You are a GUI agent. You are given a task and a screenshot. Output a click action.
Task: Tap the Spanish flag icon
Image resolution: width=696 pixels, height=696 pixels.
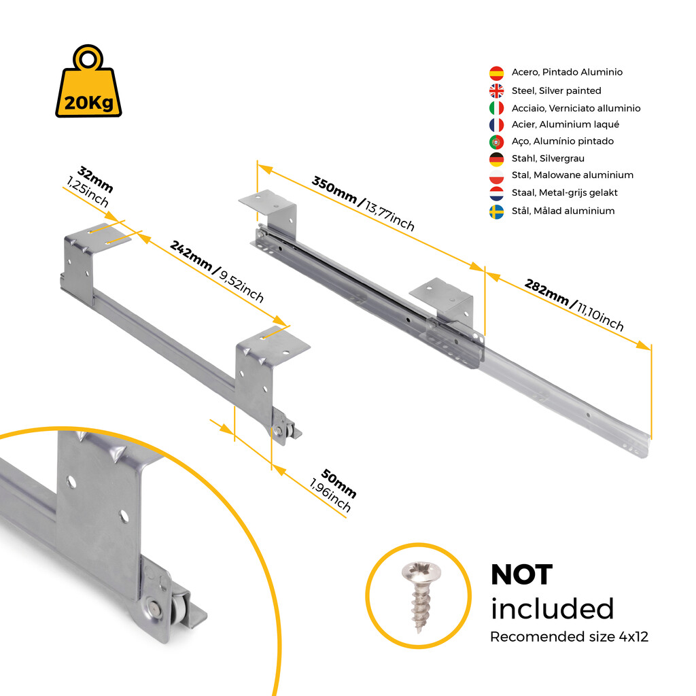496,73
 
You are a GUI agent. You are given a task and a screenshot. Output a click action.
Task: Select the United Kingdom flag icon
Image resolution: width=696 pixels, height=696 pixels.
496,90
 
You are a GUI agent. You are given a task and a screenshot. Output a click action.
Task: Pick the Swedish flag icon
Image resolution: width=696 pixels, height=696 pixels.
496,212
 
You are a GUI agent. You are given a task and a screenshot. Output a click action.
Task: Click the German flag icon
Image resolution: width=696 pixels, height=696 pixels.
496,159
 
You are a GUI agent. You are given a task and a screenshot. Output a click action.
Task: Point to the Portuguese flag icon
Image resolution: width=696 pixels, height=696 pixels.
496,142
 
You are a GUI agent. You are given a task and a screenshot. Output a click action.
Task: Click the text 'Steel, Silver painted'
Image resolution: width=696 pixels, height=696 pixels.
556,90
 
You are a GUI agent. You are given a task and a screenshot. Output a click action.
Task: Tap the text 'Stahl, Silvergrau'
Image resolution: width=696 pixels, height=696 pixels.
548,158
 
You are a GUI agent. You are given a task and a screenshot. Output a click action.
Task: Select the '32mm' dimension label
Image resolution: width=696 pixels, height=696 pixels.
95,179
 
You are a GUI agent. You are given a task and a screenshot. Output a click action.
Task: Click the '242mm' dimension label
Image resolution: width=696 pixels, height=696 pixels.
191,256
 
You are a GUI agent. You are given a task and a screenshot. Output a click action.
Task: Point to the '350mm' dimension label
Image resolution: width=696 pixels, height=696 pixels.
334,190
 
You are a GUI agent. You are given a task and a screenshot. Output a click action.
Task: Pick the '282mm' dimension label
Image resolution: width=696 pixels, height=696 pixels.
546,292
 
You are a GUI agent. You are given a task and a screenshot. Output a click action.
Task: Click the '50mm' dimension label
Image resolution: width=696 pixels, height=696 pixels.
338,483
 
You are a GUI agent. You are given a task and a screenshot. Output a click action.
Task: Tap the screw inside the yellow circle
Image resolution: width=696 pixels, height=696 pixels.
420,596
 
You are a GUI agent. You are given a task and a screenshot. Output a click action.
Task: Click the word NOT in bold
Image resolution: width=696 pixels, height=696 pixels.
521,575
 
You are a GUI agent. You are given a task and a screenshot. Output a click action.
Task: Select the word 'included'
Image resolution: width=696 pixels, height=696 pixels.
552,608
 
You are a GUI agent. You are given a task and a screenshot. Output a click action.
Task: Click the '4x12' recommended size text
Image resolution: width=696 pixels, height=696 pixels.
633,637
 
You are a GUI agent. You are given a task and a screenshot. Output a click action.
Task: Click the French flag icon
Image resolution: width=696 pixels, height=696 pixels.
496,125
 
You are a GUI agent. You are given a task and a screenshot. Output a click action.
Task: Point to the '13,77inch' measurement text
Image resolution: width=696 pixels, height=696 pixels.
389,215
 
